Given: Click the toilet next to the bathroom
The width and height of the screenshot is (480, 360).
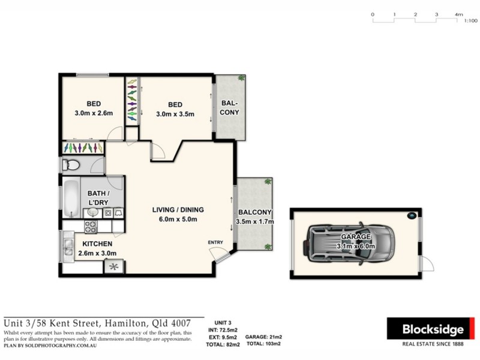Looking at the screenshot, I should pos(71,165).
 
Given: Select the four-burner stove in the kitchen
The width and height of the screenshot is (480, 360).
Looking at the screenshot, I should pos(91,227).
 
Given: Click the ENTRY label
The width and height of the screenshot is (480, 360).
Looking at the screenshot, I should pos(215,242).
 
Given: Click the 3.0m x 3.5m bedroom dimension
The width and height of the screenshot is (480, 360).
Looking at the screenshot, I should pos(175,114).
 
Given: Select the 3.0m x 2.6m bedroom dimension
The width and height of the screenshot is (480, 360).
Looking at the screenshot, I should pos(94,113).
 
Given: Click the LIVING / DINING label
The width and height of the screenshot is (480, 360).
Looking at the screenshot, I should pos(178,210).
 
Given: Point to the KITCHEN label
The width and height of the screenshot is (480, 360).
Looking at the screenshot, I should pos(97,244).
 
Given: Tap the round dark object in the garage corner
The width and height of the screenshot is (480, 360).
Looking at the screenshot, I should pos(412,215).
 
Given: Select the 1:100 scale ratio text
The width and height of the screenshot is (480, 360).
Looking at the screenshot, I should pos(471,20).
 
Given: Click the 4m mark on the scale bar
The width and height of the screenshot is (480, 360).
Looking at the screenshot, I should pos(459,14).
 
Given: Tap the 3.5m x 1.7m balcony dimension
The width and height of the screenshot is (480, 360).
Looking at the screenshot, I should pos(256,221).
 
